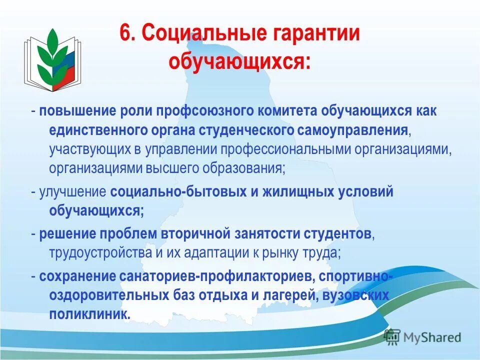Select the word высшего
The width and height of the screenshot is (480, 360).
[168, 168]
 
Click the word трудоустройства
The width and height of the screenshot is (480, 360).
[100, 253]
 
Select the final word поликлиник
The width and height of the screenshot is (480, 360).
[89, 314]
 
